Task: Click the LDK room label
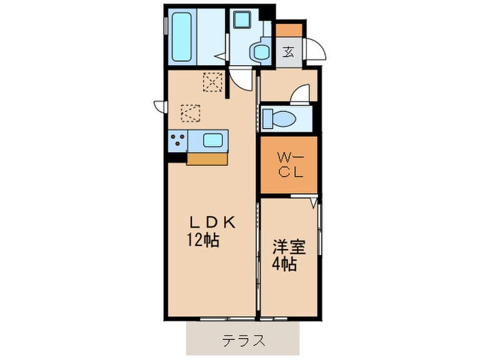[213, 223]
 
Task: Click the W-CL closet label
[289, 165]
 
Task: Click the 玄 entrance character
[289, 51]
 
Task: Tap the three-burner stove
[178, 141]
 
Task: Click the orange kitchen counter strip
[207, 158]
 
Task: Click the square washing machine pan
[243, 21]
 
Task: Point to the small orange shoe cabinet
[289, 31]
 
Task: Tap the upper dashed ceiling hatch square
[213, 82]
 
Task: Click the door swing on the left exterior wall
[160, 105]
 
